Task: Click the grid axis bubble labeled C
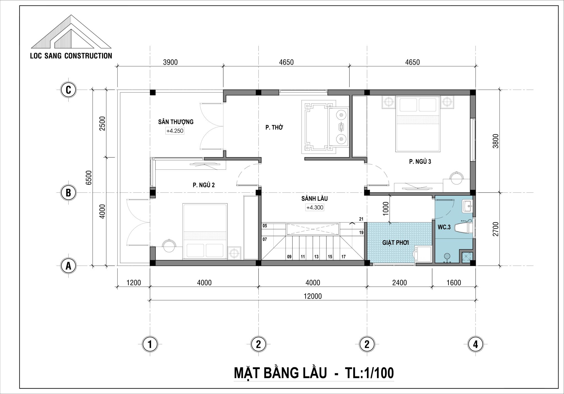tap(68, 90)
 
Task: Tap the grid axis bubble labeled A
tap(68, 266)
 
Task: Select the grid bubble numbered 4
tap(476, 344)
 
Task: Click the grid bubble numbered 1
tap(150, 344)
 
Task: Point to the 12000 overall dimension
tap(313, 296)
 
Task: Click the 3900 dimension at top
tap(170, 62)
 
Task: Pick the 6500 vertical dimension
tap(88, 178)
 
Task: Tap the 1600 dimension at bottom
tap(454, 283)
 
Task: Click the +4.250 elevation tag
tap(175, 131)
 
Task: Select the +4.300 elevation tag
tap(315, 208)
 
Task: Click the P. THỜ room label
tap(274, 128)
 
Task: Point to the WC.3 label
tap(444, 227)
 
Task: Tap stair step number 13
tap(316, 257)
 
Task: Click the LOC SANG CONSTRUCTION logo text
tap(71, 56)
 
